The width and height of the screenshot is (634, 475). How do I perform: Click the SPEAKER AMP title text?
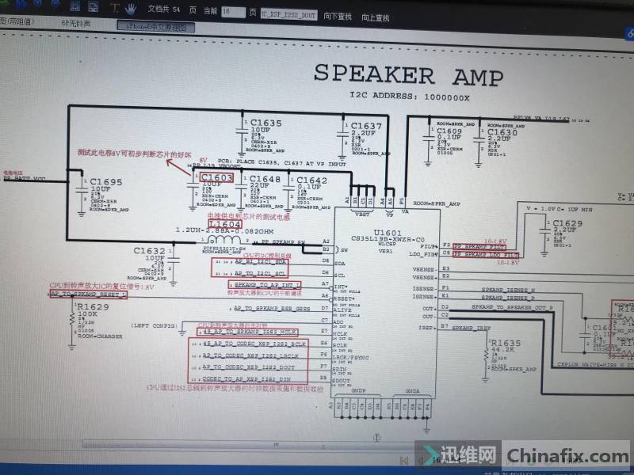click(408, 76)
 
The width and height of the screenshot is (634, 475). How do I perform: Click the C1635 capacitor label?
click(266, 123)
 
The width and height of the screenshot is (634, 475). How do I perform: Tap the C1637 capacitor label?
click(366, 126)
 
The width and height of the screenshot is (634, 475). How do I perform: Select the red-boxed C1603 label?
click(217, 178)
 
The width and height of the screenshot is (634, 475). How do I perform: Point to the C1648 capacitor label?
click(265, 180)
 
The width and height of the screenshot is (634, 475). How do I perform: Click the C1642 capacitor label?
click(311, 181)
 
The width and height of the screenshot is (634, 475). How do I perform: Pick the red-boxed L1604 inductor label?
click(225, 225)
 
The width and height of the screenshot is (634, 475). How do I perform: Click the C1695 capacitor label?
click(106, 182)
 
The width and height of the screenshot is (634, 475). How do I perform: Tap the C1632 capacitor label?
click(149, 251)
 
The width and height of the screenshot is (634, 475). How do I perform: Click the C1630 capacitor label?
click(502, 133)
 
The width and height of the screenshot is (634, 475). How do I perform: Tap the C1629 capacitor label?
click(567, 224)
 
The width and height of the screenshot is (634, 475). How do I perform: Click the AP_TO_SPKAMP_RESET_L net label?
click(88, 294)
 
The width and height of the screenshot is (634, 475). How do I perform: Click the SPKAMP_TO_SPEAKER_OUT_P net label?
click(512, 307)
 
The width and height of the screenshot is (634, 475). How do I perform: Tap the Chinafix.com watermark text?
click(567, 456)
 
